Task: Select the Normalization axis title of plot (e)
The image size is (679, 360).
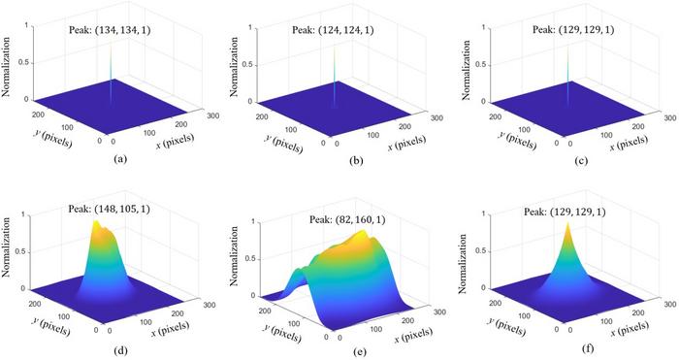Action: point(237,257)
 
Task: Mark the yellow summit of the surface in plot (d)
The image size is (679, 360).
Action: point(97,225)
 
